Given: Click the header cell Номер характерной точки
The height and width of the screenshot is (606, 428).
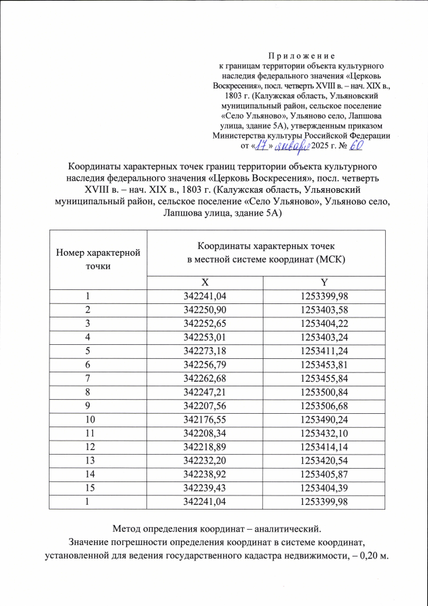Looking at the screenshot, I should (98, 259).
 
